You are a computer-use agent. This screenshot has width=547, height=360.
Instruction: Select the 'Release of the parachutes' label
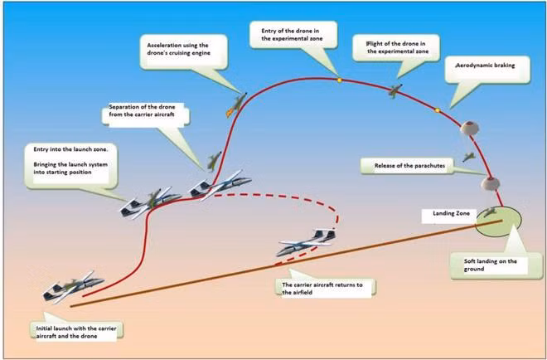[x=404, y=166]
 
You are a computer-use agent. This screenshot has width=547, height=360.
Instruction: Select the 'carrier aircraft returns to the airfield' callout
[x=327, y=287]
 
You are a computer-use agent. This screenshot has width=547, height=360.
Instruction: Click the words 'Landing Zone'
[x=452, y=214]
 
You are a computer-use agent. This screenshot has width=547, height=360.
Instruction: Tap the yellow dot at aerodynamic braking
[x=437, y=109]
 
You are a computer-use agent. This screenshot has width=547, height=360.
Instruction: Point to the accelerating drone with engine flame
[x=235, y=103]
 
